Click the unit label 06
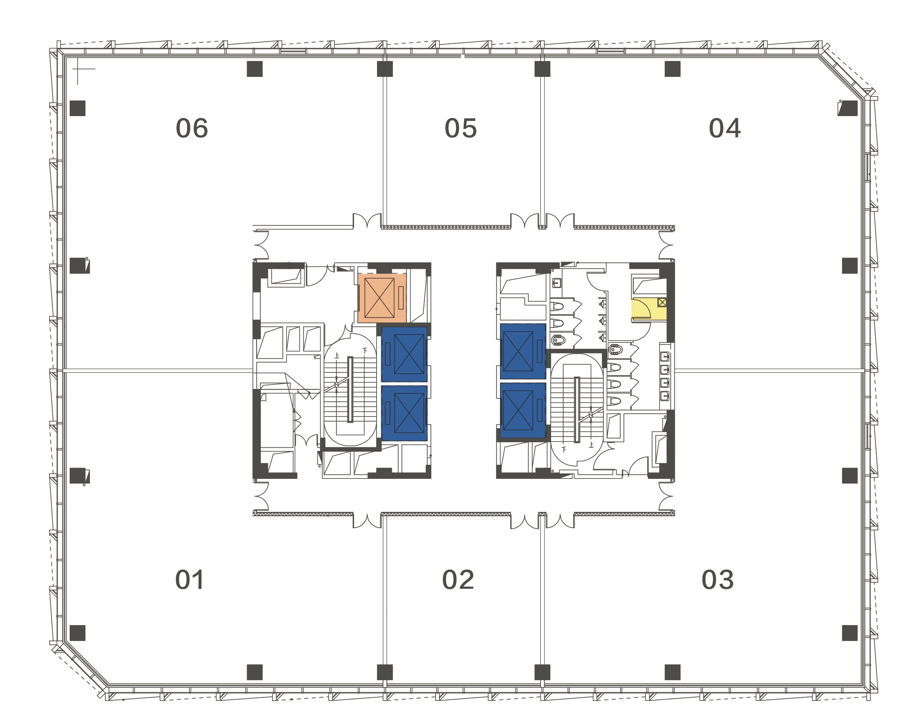pos(192,128)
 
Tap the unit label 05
pos(461,128)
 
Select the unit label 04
pos(725,128)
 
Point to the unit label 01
pos(190,580)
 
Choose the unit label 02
pos(458,580)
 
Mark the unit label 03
pos(718,580)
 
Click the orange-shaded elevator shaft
pos(382,298)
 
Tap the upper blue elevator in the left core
pos(404,354)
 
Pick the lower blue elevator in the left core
pos(404,413)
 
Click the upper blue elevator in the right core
pos(523,351)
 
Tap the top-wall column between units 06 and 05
pos(385,69)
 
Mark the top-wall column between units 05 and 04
pos(542,69)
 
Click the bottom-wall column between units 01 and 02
pos(385,672)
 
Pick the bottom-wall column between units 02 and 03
pos(542,672)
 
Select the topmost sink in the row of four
pos(665,357)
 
